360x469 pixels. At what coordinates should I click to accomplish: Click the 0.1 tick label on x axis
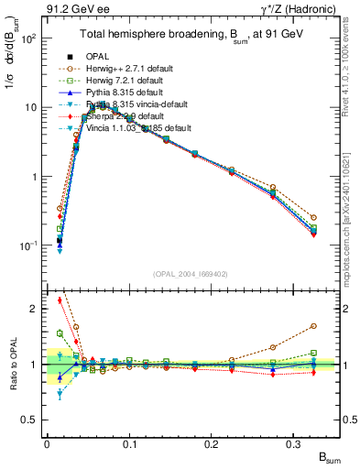click(129, 445)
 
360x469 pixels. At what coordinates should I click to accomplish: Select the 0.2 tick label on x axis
click(212, 445)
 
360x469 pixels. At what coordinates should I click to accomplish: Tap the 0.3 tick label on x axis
click(294, 445)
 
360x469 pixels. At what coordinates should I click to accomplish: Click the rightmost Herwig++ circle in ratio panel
click(313, 325)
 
